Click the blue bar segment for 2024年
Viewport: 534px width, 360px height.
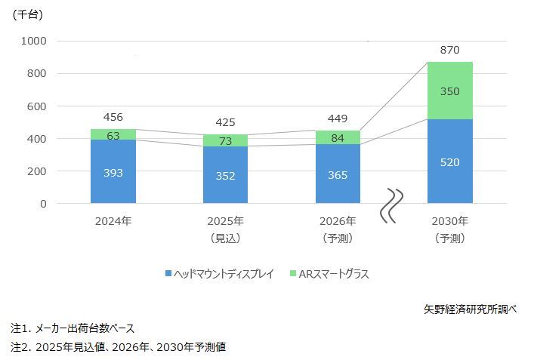pyautogui.click(x=113, y=171)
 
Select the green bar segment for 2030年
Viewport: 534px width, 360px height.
pyautogui.click(x=450, y=91)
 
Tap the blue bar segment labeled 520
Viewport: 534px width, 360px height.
pyautogui.click(x=450, y=162)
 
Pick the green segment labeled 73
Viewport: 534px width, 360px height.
pyautogui.click(x=226, y=140)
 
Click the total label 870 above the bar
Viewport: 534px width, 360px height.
pyautogui.click(x=450, y=50)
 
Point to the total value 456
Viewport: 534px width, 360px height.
pyautogui.click(x=113, y=117)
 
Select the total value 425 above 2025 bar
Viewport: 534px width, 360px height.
pyautogui.click(x=226, y=122)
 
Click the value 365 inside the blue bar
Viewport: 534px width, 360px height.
pyautogui.click(x=338, y=174)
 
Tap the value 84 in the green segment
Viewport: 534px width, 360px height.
pyautogui.click(x=338, y=137)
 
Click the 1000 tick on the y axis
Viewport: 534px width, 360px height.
pyautogui.click(x=33, y=41)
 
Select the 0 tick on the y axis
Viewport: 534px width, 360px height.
pyautogui.click(x=43, y=204)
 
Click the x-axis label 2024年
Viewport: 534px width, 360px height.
pyautogui.click(x=113, y=221)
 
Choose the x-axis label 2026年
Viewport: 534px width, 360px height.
pyautogui.click(x=338, y=221)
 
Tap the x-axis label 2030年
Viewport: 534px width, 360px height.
pyautogui.click(x=450, y=221)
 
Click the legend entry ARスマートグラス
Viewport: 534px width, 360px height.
pyautogui.click(x=332, y=273)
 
